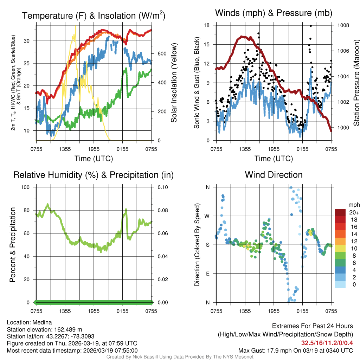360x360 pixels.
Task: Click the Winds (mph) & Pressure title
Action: (x=274, y=13)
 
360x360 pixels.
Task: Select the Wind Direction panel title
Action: (x=274, y=175)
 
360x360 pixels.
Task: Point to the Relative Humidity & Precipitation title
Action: (x=93, y=175)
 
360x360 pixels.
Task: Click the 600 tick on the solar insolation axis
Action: (x=161, y=54)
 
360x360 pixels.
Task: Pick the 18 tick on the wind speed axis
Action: (x=207, y=25)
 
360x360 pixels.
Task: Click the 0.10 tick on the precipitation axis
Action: (x=162, y=187)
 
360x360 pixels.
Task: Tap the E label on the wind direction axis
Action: (x=207, y=274)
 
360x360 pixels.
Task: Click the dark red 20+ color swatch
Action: (x=340, y=212)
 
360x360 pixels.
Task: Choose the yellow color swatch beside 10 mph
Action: (x=340, y=248)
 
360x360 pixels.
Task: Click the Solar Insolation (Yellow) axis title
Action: (x=174, y=83)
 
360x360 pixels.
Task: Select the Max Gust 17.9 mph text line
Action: (x=295, y=350)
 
